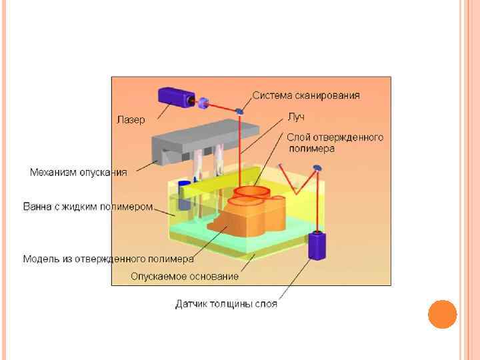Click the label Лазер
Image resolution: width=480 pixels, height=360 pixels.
(x=131, y=120)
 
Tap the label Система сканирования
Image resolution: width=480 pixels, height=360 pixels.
(x=307, y=95)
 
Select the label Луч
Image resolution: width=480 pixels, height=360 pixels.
(x=295, y=117)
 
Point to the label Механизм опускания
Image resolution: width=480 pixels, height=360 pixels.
(x=78, y=172)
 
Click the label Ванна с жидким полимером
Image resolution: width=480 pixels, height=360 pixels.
(x=88, y=207)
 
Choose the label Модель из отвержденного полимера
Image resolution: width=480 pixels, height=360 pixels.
(x=109, y=258)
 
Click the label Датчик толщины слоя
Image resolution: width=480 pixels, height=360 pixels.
(x=226, y=304)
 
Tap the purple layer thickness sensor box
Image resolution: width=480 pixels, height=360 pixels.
(x=316, y=245)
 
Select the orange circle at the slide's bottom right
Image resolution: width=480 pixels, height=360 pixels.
(x=442, y=314)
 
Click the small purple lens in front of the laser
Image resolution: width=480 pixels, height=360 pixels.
(x=204, y=103)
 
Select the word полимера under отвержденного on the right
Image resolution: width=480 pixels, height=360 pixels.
(x=311, y=149)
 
